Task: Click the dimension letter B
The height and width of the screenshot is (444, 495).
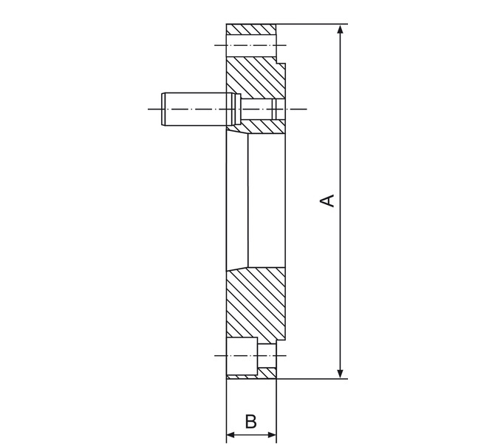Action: (251, 421)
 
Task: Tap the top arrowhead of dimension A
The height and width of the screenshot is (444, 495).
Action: (340, 29)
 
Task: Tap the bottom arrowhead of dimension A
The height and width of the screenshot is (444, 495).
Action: (340, 374)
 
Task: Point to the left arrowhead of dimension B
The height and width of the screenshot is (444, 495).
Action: (231, 435)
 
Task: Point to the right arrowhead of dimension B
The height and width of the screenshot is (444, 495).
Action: (272, 435)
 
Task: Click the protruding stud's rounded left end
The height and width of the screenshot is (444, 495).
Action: (163, 109)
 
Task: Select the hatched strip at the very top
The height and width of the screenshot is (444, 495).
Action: (251, 30)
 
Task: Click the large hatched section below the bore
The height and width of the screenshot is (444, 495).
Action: (256, 305)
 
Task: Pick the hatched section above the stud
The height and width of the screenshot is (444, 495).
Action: (256, 78)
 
